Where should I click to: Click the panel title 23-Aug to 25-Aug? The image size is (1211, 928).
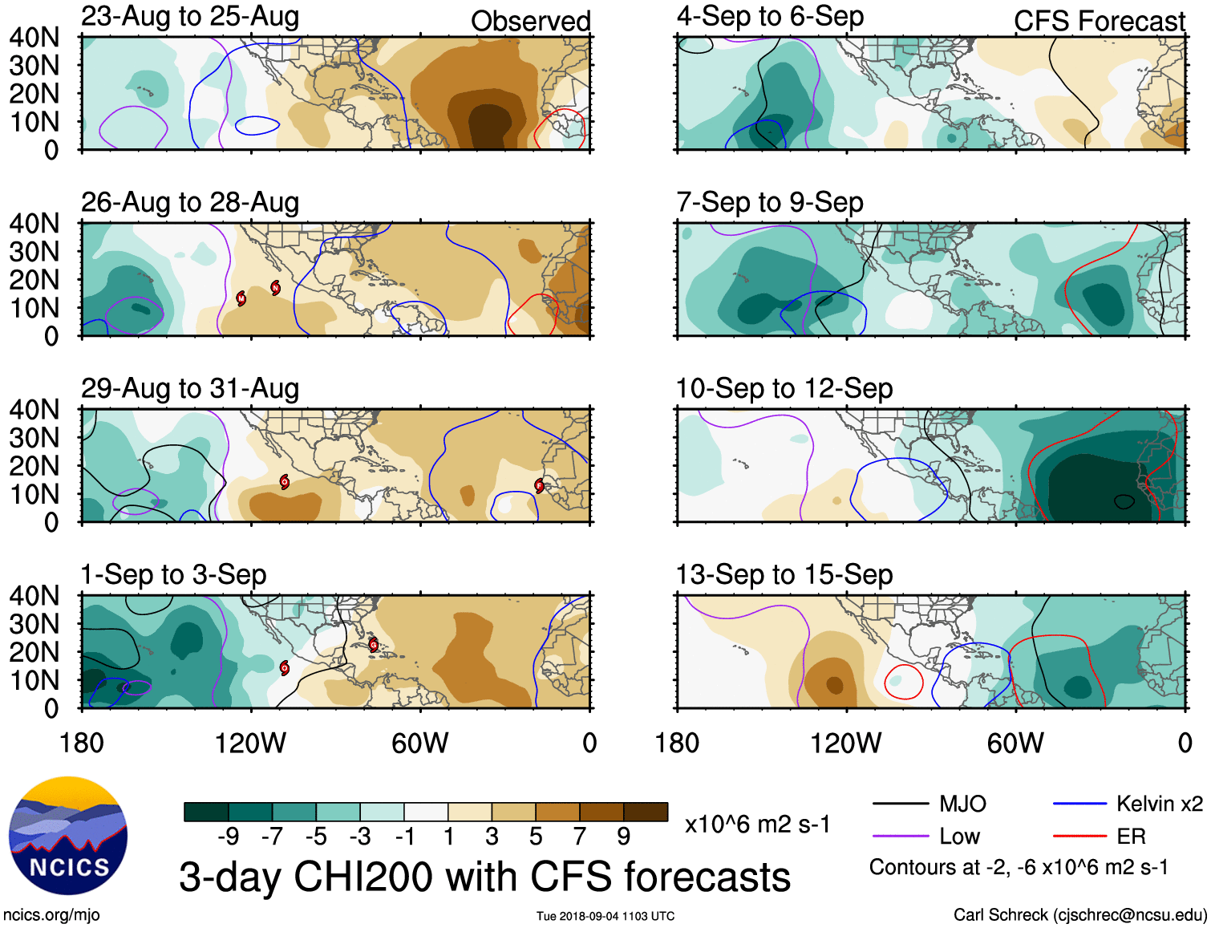[x=190, y=17]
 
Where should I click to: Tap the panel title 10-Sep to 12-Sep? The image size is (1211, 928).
[x=784, y=389]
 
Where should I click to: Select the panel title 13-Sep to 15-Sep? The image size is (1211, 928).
[x=784, y=575]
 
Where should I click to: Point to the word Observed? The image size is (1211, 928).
[x=530, y=22]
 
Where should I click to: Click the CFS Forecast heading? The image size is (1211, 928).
[x=1099, y=22]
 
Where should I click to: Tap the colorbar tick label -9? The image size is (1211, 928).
[x=228, y=837]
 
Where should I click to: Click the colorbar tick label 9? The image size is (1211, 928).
[x=623, y=837]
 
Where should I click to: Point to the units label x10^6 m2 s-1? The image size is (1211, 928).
[x=757, y=824]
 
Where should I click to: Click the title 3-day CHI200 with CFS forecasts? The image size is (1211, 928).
[x=484, y=877]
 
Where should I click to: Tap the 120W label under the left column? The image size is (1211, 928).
[x=250, y=744]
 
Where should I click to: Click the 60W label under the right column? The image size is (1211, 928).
[x=1015, y=744]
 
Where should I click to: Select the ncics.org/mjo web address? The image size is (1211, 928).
[x=51, y=914]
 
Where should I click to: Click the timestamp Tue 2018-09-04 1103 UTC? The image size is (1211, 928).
[x=605, y=916]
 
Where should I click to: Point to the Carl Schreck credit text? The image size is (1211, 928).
[x=1079, y=914]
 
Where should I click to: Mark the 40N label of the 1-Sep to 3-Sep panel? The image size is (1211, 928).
[x=34, y=596]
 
